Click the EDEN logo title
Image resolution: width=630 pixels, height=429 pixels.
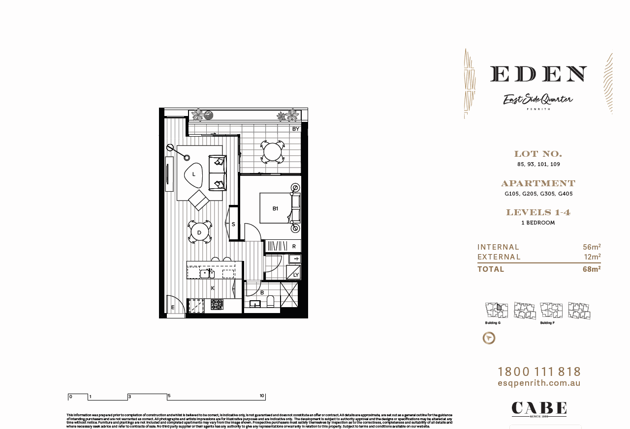coord(538,74)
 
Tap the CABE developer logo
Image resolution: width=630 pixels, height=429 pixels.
coord(539,408)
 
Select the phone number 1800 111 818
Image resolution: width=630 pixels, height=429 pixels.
coord(539,372)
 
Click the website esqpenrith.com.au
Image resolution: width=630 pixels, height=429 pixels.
coord(539,383)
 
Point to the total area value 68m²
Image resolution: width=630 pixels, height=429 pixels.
coord(591,269)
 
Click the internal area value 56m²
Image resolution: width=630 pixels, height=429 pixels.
coord(592,247)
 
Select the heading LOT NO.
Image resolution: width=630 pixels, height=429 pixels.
coord(538,154)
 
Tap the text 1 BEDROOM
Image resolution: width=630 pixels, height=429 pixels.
coord(538,223)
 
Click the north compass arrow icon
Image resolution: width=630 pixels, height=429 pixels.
coord(489,338)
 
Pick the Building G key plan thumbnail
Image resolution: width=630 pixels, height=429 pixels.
coord(496,311)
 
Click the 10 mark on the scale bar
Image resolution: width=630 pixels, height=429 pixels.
coord(262,396)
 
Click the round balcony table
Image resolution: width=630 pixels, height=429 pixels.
coord(272,152)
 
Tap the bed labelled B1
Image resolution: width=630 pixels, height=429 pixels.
coord(276,208)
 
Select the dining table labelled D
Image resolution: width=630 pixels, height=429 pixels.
coord(199,232)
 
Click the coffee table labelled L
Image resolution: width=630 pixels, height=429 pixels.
coord(194,174)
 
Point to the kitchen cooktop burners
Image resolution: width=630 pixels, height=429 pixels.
coord(217,305)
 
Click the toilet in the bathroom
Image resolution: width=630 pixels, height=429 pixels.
coord(270,301)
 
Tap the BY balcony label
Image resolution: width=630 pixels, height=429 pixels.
coord(296,129)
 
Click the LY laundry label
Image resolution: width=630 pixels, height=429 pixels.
coord(295,275)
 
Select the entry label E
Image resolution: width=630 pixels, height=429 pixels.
coord(173,308)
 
